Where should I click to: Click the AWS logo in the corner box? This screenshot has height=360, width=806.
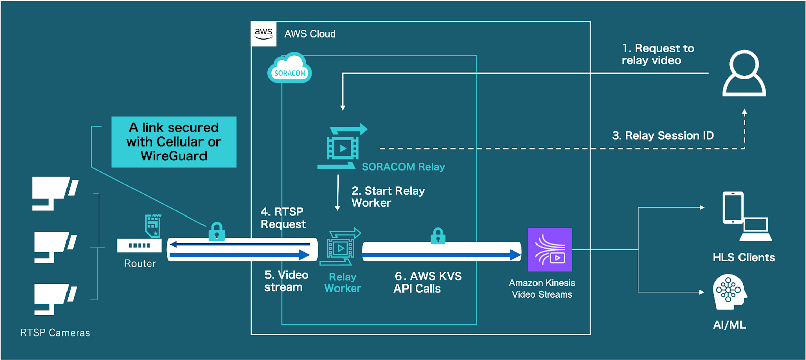(x=263, y=34)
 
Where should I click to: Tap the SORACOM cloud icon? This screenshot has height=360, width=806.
(x=290, y=68)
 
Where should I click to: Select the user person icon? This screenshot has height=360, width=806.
(x=744, y=73)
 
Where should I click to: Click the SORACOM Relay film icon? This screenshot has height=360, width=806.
(x=343, y=147)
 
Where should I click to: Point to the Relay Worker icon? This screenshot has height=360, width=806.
(x=341, y=247)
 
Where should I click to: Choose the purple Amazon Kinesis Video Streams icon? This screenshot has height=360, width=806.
(x=550, y=250)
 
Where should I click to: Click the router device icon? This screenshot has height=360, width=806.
(x=140, y=245)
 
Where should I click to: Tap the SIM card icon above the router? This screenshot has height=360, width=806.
(x=153, y=225)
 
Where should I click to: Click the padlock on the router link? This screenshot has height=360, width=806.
(x=217, y=232)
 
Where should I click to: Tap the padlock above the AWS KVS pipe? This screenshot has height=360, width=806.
(x=438, y=236)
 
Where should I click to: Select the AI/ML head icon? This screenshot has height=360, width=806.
(x=729, y=292)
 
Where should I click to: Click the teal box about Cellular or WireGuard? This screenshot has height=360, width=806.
(x=174, y=142)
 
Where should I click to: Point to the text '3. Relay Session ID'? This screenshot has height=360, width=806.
(x=662, y=136)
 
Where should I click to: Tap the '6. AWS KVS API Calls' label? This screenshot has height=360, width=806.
(x=428, y=282)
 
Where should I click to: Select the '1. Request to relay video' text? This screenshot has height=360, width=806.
(x=657, y=54)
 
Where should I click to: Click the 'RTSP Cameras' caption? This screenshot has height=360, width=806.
(x=55, y=333)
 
